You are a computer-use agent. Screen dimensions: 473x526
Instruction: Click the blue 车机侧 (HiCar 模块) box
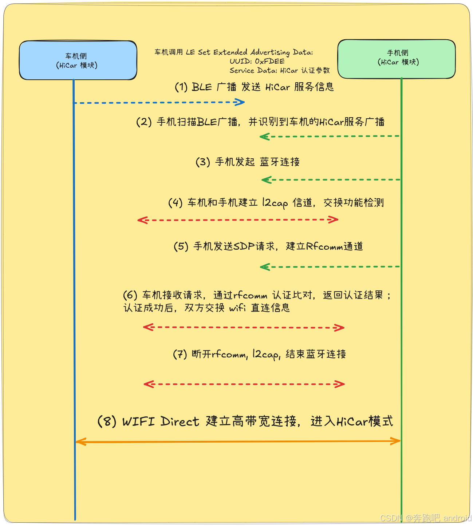[78, 60]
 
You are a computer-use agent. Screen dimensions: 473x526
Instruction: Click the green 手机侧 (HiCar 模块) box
[397, 59]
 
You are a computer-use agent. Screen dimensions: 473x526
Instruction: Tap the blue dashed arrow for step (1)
[159, 103]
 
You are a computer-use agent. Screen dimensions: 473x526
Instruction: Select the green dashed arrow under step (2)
[330, 137]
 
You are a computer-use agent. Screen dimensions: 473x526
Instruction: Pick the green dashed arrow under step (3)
[331, 180]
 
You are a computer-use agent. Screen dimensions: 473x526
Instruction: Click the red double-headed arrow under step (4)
[238, 220]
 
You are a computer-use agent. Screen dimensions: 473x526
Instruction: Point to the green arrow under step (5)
[330, 267]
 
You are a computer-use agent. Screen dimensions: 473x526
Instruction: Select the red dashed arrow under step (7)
[244, 384]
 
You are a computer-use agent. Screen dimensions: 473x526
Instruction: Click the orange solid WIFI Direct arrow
[238, 442]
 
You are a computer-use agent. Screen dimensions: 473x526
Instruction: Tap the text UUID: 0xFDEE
[257, 61]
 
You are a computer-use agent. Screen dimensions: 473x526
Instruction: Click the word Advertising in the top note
[270, 52]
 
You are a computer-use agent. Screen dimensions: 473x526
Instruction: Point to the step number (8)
[107, 421]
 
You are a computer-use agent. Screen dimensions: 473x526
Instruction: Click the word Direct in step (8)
[180, 421]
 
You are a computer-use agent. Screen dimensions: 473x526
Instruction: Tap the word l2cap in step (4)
[275, 203]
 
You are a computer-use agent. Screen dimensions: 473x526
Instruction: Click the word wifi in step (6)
[237, 308]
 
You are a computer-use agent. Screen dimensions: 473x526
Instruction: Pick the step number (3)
[203, 162]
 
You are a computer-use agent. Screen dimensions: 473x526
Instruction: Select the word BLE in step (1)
[202, 87]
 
